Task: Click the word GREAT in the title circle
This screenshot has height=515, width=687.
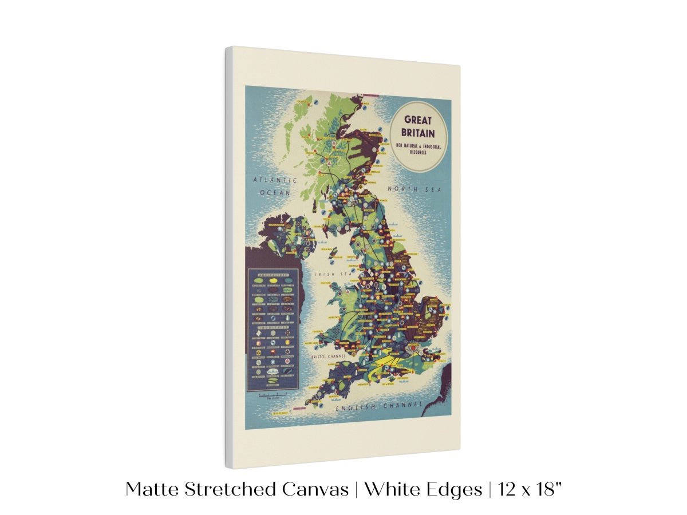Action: point(418,121)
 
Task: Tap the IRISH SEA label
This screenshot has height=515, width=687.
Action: point(329,274)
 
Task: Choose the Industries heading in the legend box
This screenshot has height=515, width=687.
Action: point(273,327)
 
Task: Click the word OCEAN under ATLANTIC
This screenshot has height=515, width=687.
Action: point(275,193)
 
